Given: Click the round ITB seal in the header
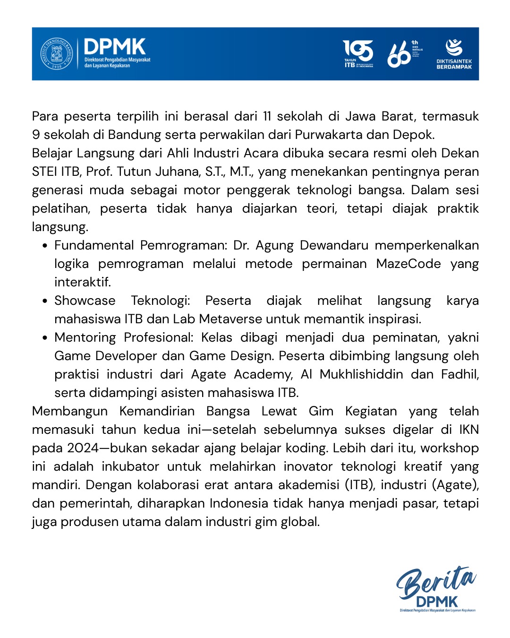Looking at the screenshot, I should click(x=56, y=54).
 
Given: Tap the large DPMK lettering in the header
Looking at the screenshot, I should click(x=115, y=47).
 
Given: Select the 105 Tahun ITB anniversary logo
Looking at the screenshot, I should click(x=358, y=53).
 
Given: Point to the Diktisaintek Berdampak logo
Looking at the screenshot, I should click(x=454, y=54).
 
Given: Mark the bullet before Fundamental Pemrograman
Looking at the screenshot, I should click(x=45, y=246).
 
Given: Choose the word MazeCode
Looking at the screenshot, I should click(x=408, y=264).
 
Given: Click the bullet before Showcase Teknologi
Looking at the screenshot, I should click(x=45, y=301).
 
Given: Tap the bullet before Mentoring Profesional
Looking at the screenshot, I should click(x=45, y=338).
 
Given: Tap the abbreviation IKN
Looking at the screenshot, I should click(x=469, y=430).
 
